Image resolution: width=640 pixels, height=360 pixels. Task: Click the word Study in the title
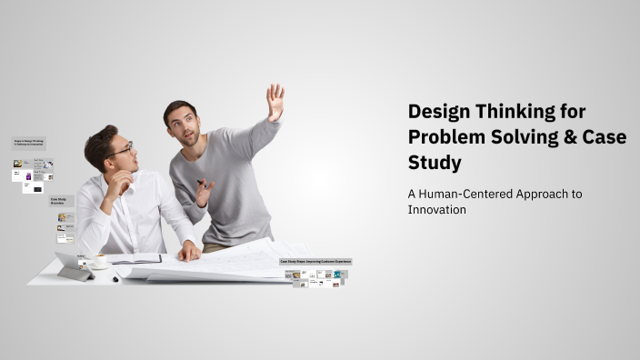(435, 163)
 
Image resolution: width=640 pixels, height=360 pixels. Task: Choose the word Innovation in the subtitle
(436, 209)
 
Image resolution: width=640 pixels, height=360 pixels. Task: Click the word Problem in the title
(443, 137)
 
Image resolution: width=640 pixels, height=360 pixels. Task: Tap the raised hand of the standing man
(275, 100)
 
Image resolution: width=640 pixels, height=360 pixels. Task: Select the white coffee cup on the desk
(99, 261)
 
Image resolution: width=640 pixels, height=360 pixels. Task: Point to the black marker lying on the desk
(115, 278)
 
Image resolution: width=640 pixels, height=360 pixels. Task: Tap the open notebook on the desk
(135, 259)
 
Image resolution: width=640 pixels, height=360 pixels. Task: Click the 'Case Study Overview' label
(61, 201)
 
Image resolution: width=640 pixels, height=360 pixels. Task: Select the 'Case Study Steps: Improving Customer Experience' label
(315, 262)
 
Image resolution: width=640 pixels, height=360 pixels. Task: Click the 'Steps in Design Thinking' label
(28, 143)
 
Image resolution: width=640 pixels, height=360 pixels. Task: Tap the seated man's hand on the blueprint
(189, 251)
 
